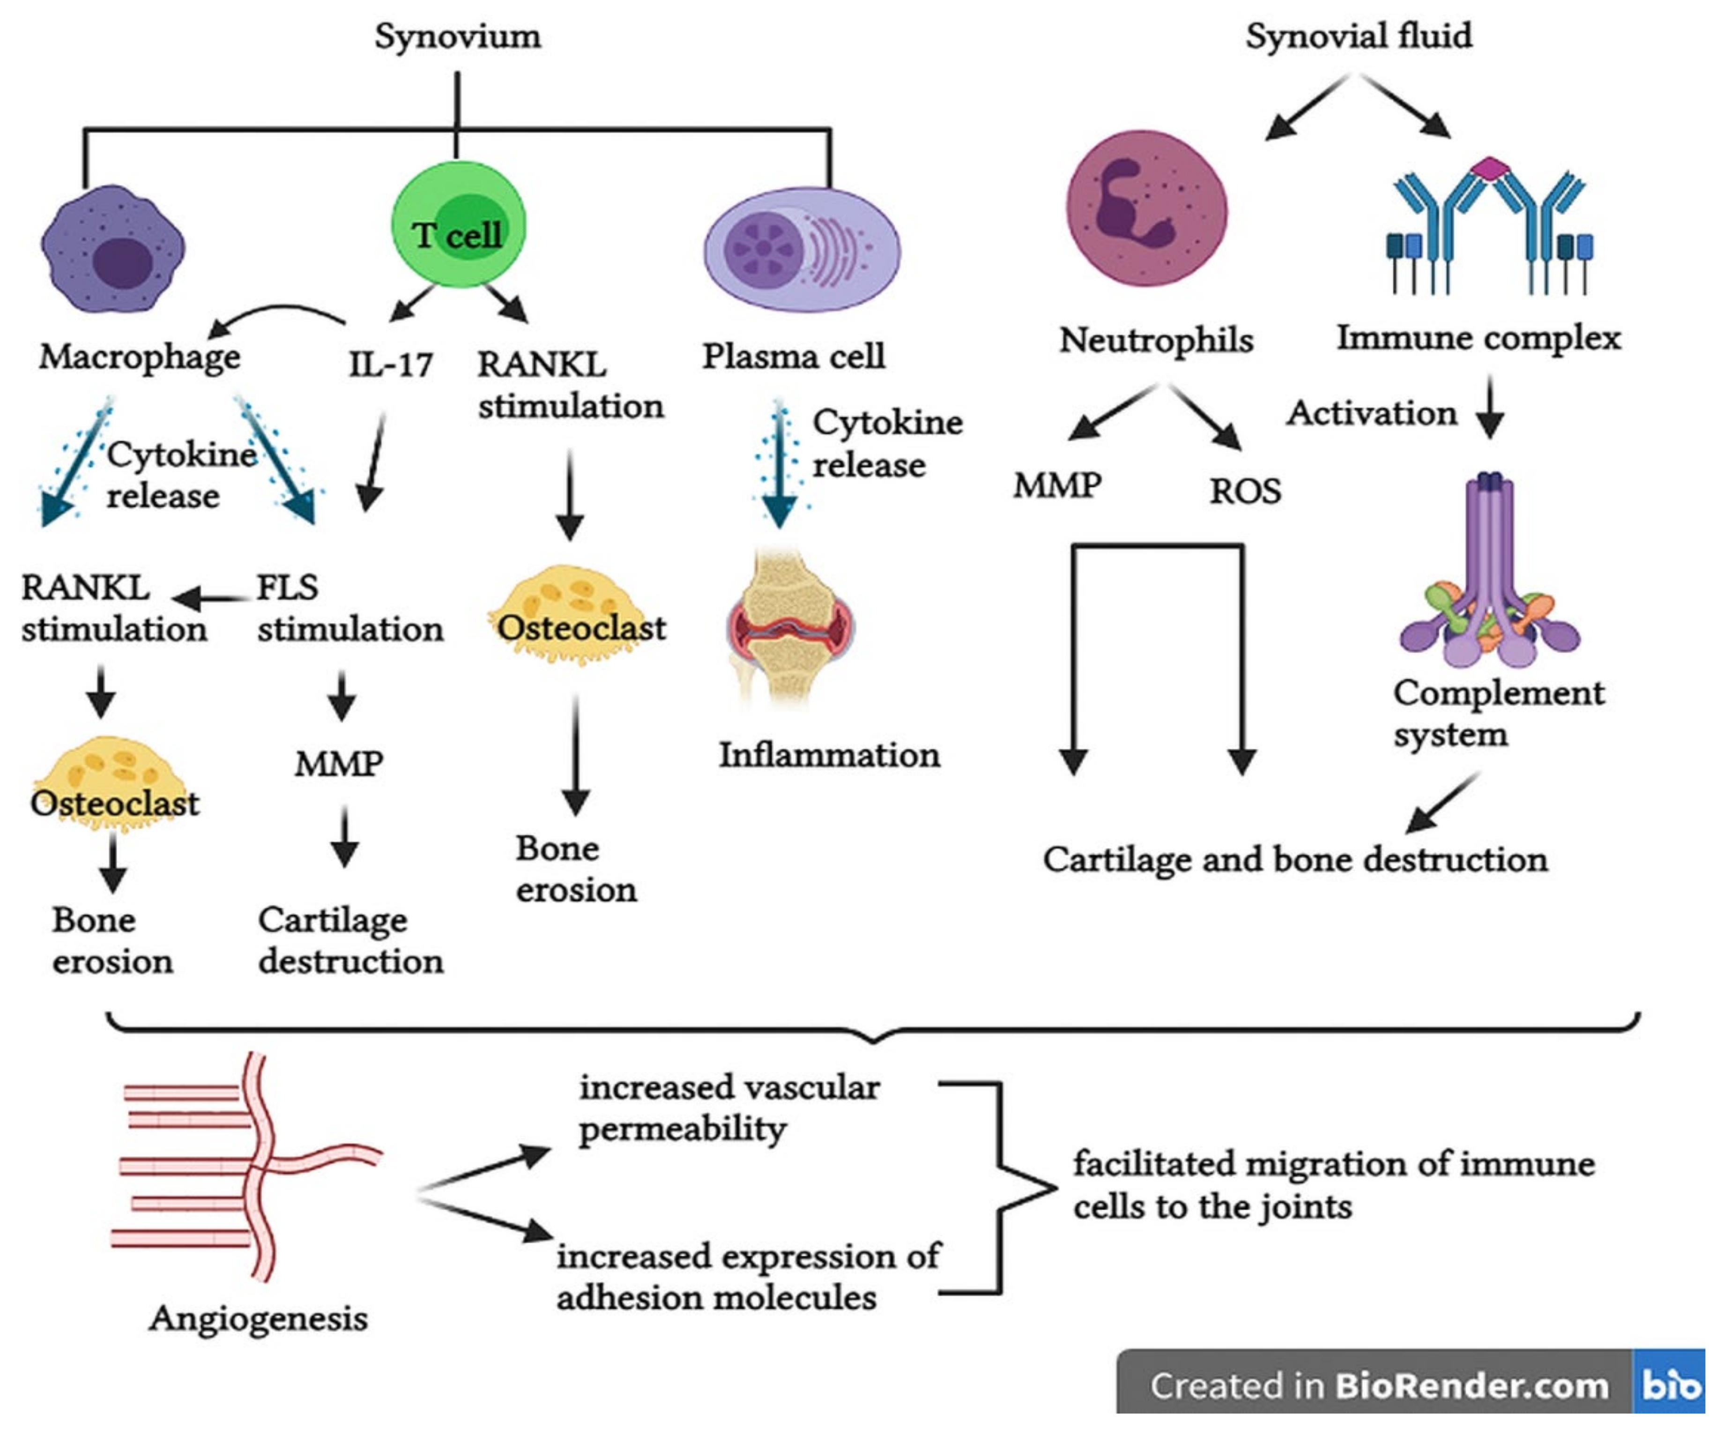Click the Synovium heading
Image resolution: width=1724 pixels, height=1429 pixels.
point(457,36)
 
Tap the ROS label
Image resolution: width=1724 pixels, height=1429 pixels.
point(1245,491)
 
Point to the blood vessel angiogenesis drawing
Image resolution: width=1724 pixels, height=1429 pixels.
point(246,1166)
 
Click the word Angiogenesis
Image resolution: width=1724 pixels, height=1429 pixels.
point(258,1318)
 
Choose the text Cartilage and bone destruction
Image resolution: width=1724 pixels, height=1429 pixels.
point(1295,860)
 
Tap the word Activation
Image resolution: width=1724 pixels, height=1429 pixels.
point(1371,413)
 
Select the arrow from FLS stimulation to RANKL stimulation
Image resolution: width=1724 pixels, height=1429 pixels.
point(212,598)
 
